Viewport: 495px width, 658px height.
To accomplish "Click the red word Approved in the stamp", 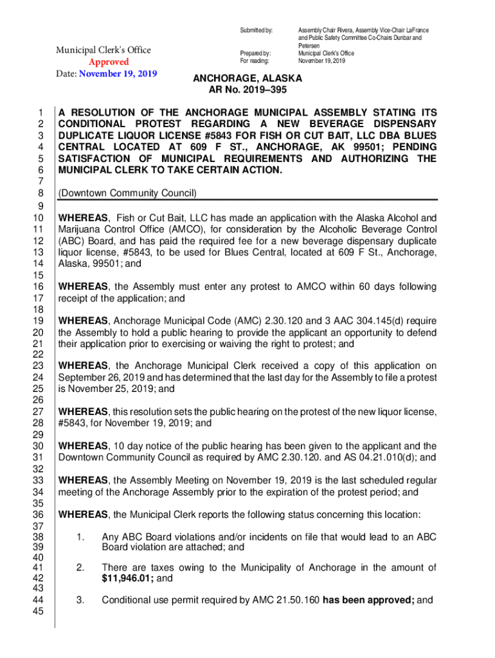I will [108, 62].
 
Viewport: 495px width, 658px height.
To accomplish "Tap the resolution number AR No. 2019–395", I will [248, 90].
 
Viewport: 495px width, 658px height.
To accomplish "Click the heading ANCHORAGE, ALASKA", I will [248, 78].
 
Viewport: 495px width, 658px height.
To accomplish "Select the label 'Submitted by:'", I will [256, 30].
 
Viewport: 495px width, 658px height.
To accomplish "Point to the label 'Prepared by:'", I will [255, 53].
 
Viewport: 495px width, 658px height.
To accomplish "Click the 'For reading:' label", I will [255, 61].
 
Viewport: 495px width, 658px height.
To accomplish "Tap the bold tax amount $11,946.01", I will [127, 578].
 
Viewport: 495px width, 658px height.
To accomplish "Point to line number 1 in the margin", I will [39, 111].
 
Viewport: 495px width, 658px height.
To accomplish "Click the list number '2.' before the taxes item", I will [80, 567].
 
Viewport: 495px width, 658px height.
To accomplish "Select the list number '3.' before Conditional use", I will [80, 601].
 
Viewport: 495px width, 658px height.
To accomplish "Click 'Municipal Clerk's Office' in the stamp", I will [104, 50].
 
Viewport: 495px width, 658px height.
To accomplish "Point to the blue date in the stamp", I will [118, 73].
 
